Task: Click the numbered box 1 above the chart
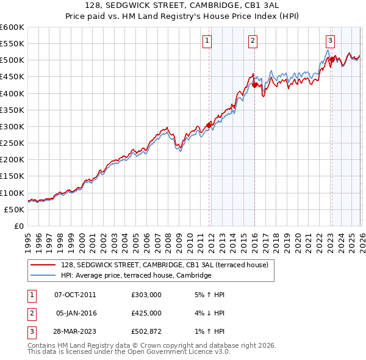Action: (207, 41)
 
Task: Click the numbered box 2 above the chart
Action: (253, 41)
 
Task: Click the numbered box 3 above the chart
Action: (330, 41)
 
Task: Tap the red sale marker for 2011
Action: (209, 125)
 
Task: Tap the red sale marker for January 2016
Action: (254, 85)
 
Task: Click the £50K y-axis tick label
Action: (15, 209)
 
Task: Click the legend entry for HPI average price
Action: (135, 275)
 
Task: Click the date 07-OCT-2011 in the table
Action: (75, 294)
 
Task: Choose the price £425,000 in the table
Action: (146, 314)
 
